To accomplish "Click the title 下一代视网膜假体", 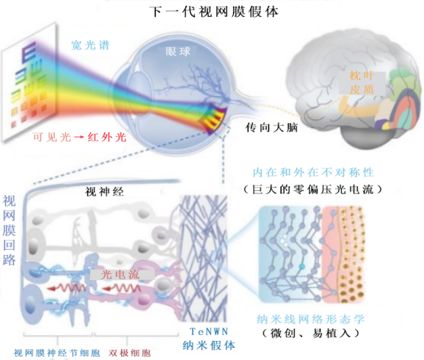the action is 214,12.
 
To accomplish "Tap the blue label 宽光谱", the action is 91,45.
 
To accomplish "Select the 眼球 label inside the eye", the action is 178,52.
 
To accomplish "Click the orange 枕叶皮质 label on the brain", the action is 362,83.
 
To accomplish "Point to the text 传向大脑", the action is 272,128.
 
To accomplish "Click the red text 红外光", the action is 107,137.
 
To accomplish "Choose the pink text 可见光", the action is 52,137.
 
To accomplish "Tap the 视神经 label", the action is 104,192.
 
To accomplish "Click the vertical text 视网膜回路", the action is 9,231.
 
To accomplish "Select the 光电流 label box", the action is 122,275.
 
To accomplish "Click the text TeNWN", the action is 209,331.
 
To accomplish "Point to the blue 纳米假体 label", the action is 209,346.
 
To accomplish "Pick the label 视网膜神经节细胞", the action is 57,352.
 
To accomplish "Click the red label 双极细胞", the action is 129,352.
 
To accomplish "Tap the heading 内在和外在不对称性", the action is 313,173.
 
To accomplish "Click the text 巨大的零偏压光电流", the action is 313,190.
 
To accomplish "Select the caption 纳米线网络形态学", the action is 311,319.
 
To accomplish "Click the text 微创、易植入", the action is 311,333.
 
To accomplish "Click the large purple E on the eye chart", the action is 29,53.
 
